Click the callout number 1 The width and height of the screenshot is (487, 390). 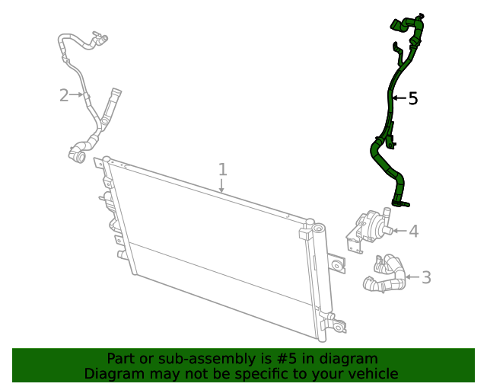click(x=222, y=169)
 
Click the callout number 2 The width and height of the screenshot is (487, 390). click(x=65, y=95)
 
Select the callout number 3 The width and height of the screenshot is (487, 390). click(x=425, y=277)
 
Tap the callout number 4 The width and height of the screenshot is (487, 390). click(x=413, y=231)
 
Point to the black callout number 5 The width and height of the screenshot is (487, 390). click(x=413, y=98)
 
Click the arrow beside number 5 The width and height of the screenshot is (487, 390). click(x=399, y=98)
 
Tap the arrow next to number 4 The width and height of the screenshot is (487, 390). click(x=398, y=230)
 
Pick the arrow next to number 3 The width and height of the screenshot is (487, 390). click(x=411, y=277)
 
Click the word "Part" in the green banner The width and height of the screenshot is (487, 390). click(x=122, y=359)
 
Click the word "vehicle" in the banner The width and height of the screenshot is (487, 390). click(x=372, y=374)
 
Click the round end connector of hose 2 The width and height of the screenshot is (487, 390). click(x=76, y=155)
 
